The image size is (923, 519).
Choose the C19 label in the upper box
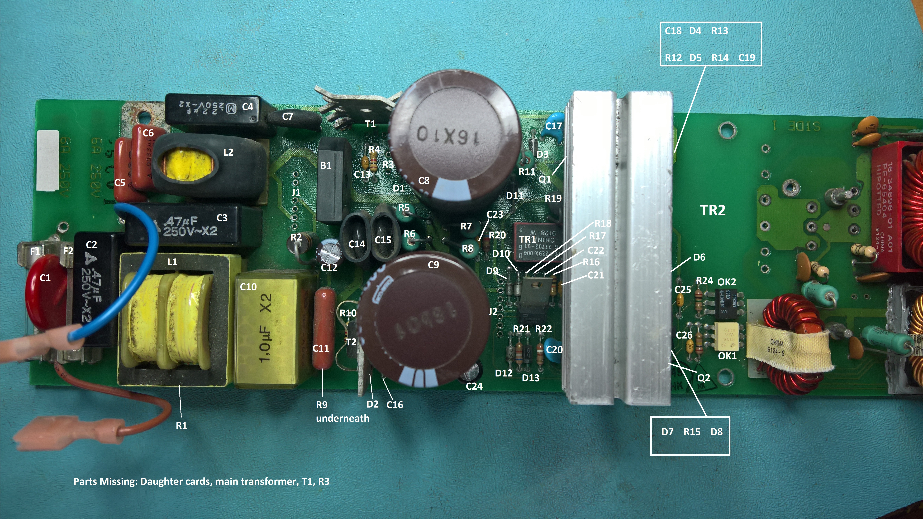click(x=747, y=58)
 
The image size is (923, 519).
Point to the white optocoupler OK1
click(x=726, y=336)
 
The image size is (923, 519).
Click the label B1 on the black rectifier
click(x=326, y=165)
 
